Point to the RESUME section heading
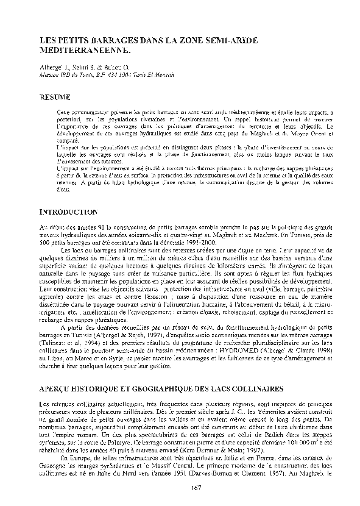pos(55,97)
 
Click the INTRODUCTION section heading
pos(68,211)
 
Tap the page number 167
pos(196,486)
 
